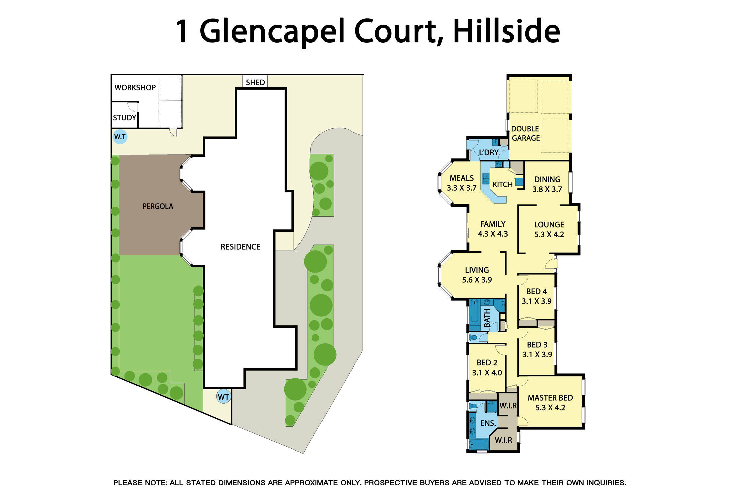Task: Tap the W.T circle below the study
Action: click(x=120, y=137)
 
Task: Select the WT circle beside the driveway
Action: click(x=223, y=397)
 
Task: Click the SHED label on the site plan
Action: click(x=255, y=82)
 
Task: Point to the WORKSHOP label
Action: click(x=135, y=88)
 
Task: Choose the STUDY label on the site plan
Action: click(x=124, y=118)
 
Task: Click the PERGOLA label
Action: click(x=158, y=207)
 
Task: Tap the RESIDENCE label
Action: click(x=240, y=247)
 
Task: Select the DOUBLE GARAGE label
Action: click(x=525, y=133)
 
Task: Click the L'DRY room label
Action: click(x=489, y=153)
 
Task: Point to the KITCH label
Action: click(x=502, y=184)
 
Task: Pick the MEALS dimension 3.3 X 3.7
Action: click(x=462, y=188)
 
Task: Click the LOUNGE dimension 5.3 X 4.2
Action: click(x=549, y=235)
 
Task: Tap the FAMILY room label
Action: click(x=493, y=224)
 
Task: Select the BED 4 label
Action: click(x=537, y=291)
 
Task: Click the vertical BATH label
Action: click(x=487, y=318)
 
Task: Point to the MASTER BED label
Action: click(x=550, y=398)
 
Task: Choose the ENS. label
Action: click(x=488, y=423)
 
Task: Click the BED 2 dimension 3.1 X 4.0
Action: click(x=487, y=373)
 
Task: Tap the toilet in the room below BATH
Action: click(x=473, y=337)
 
